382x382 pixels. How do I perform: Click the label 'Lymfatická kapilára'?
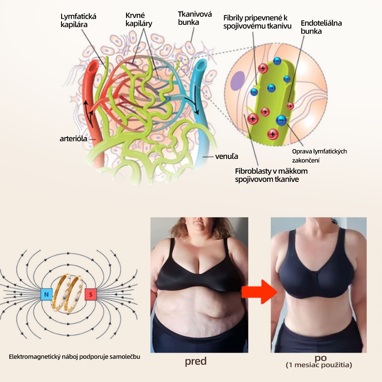tap(78, 21)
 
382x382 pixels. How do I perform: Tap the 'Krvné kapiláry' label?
tap(139, 19)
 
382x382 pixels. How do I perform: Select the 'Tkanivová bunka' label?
tap(195, 18)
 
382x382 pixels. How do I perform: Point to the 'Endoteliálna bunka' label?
tap(321, 27)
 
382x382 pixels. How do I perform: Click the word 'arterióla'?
tap(73, 139)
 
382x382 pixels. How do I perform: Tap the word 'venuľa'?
tap(227, 156)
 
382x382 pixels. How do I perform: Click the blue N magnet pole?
tap(46, 295)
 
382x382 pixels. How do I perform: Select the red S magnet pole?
tap(91, 295)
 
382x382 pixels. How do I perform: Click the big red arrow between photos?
tap(259, 291)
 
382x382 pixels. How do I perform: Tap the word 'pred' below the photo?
tap(196, 361)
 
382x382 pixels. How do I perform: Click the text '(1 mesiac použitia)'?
tap(319, 365)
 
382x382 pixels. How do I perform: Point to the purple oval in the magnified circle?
tap(238, 81)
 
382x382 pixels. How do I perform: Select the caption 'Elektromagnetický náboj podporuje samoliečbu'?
tap(74, 357)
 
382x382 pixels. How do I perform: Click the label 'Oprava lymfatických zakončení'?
tap(319, 156)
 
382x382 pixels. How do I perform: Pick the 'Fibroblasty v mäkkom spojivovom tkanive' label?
tap(271, 175)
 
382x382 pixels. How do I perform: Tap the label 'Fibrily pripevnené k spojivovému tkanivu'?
tap(257, 22)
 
